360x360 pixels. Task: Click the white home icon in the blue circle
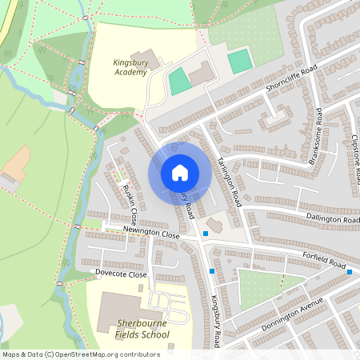[180, 173]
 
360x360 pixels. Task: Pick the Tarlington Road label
[228, 176]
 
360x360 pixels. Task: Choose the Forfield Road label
[323, 262]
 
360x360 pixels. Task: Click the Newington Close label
[151, 234]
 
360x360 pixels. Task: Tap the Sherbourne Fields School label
[142, 329]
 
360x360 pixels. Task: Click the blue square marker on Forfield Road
[350, 272]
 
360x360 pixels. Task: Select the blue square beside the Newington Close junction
[206, 234]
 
